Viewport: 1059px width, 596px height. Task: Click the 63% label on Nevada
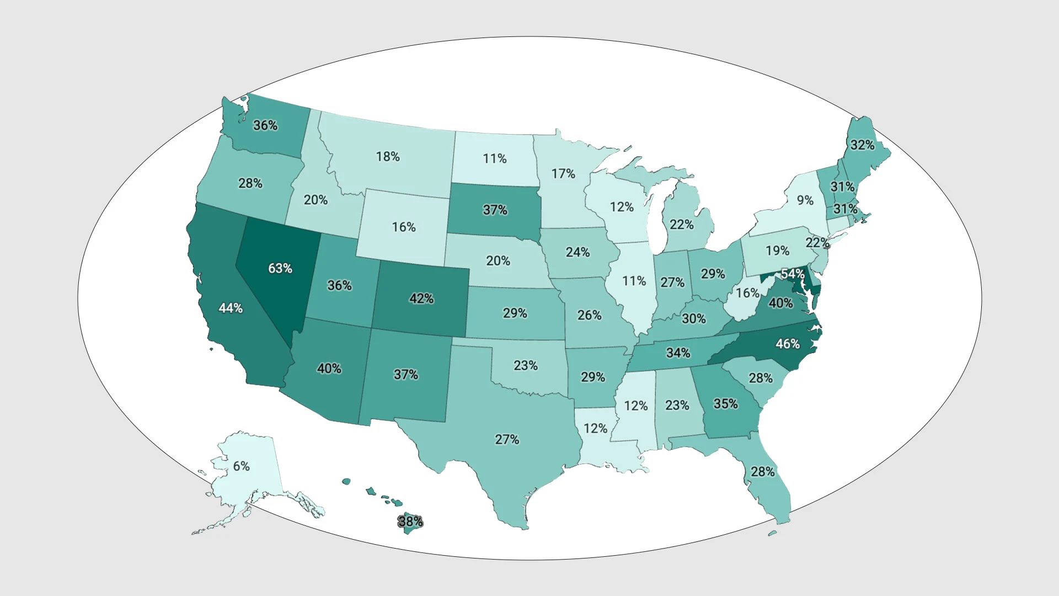click(280, 269)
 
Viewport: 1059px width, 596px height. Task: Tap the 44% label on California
click(231, 308)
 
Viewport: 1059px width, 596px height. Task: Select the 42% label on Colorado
click(421, 299)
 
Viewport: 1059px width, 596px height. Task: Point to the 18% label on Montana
click(388, 157)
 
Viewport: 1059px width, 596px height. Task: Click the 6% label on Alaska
click(242, 466)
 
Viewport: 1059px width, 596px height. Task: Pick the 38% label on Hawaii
click(410, 521)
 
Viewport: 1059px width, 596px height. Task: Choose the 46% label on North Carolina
click(788, 344)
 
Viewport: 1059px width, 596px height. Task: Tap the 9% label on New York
click(805, 200)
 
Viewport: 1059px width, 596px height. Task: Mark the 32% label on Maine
click(863, 145)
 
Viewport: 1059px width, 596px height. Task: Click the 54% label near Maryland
click(793, 274)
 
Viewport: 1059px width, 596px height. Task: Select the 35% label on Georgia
click(726, 404)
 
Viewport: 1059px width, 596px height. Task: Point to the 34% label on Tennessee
click(678, 353)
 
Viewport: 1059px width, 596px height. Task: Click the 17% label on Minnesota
click(563, 174)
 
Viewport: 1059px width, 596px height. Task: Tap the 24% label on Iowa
click(578, 252)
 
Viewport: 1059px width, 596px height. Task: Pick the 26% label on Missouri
click(590, 315)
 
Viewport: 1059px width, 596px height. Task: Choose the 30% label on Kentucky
click(694, 318)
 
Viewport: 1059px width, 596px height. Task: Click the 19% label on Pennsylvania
click(778, 251)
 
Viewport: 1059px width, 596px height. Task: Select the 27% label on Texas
click(507, 440)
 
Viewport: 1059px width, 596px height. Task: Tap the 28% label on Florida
click(763, 472)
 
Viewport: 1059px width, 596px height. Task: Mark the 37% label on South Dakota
click(495, 210)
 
